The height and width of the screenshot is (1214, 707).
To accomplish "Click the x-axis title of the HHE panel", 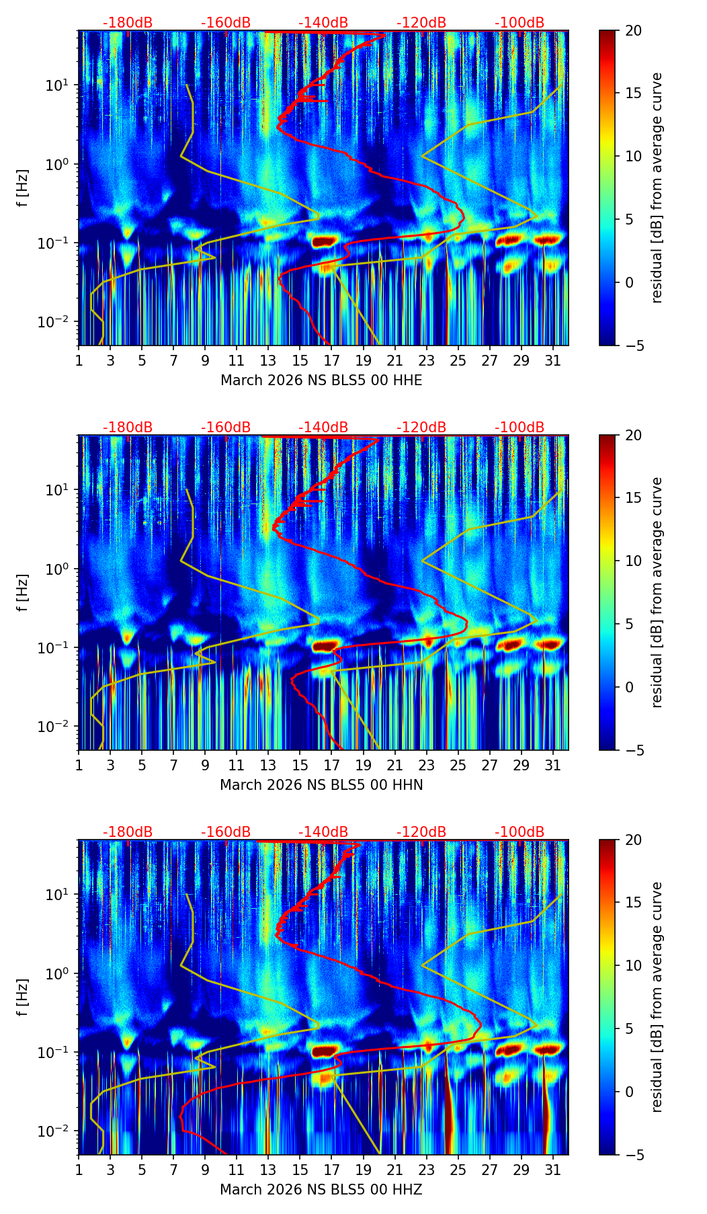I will pos(321,380).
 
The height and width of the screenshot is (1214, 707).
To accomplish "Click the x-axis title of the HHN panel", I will pos(321,785).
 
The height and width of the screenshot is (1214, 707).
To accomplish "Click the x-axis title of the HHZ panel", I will pos(321,1190).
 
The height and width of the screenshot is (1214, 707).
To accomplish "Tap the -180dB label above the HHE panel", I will pos(128,23).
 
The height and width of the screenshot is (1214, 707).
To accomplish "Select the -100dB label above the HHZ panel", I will pos(519,832).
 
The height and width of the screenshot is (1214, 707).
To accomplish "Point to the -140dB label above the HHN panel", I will pos(323,428).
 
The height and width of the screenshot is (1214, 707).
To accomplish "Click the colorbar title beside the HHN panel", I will pos(657,592).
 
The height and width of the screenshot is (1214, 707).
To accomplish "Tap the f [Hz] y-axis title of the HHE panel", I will pos(23,188).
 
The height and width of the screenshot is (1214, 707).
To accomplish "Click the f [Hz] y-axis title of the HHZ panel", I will pos(23,997).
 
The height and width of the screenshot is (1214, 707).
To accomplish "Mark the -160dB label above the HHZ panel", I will pos(226,832).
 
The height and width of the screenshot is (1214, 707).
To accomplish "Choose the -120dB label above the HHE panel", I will pos(421,23).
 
